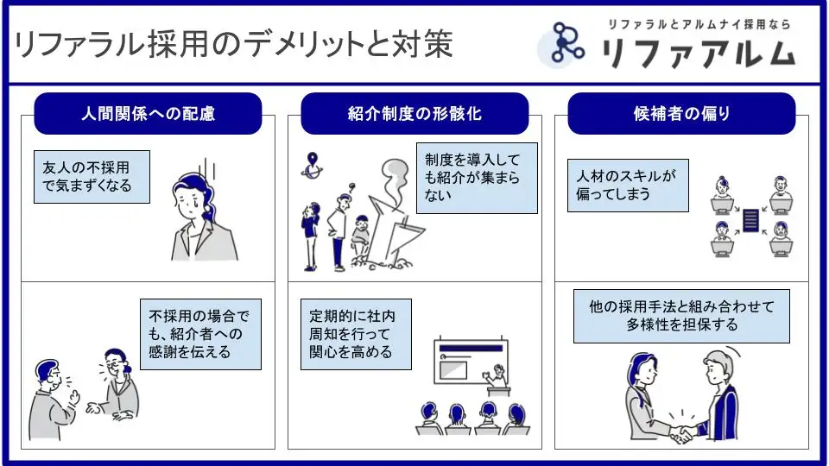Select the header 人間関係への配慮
pyautogui.click(x=148, y=114)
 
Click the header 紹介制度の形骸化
pyautogui.click(x=414, y=114)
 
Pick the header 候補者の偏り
pyautogui.click(x=681, y=114)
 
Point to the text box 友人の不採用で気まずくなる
pyautogui.click(x=92, y=177)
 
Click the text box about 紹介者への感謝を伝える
pyautogui.click(x=200, y=334)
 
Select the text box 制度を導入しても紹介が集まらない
pyautogui.click(x=477, y=178)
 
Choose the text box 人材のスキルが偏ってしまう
pyautogui.click(x=628, y=185)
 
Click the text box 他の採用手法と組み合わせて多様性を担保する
pyautogui.click(x=682, y=316)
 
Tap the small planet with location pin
pyautogui.click(x=312, y=166)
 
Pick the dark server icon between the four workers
pyautogui.click(x=750, y=220)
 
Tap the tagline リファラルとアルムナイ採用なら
pyautogui.click(x=699, y=24)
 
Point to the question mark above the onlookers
pyautogui.click(x=351, y=184)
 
